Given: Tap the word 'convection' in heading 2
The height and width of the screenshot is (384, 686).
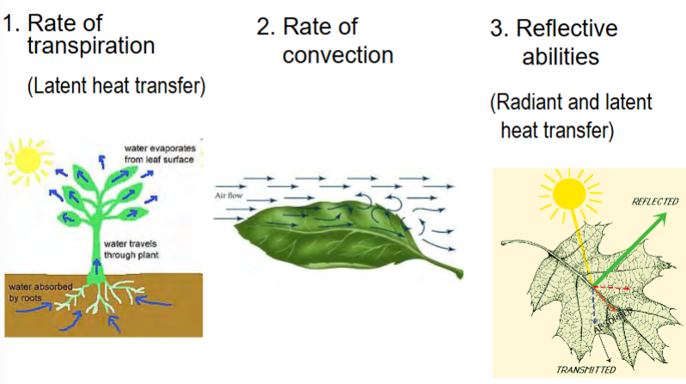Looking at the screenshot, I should [x=337, y=56].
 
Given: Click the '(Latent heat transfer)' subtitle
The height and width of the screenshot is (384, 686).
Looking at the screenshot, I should [x=118, y=87].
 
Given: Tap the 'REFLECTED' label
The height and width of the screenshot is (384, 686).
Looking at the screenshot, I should [x=655, y=201].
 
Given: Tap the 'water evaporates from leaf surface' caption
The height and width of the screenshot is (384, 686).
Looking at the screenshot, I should [x=160, y=154].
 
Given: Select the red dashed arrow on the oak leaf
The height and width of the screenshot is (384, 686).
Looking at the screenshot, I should [x=610, y=287].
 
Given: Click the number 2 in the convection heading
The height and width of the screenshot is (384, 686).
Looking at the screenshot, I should [x=264, y=27].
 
